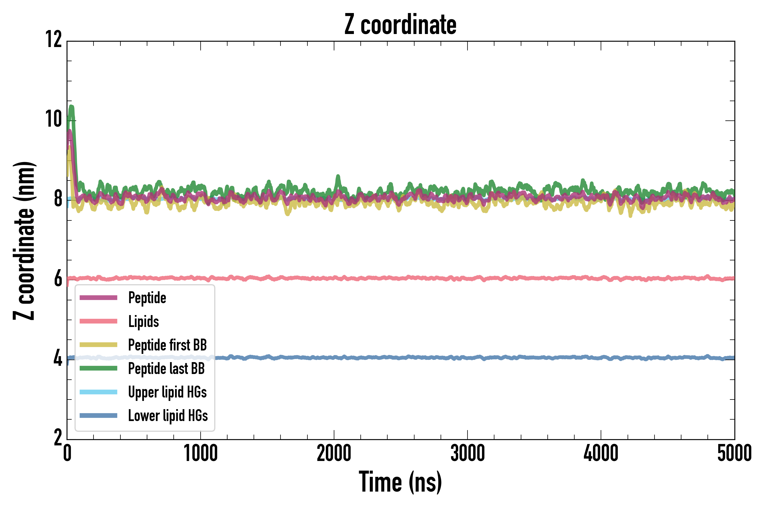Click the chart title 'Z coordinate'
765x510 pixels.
400,25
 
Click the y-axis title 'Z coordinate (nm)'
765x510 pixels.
24,240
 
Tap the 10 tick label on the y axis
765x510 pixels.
54,119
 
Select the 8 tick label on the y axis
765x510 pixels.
58,199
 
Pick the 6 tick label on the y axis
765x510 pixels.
58,279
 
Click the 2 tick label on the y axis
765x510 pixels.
58,438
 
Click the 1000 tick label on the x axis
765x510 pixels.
201,453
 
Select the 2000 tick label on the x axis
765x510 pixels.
334,453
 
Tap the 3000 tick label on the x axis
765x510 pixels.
467,453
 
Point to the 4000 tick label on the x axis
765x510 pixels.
601,453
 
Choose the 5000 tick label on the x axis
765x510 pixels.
734,453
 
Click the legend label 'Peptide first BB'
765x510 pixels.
167,345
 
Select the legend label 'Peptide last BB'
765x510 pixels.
166,369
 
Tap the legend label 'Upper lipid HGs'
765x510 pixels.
167,392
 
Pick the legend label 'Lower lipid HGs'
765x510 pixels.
168,416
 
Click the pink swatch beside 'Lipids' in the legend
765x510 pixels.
98,321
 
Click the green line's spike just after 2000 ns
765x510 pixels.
338,177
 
